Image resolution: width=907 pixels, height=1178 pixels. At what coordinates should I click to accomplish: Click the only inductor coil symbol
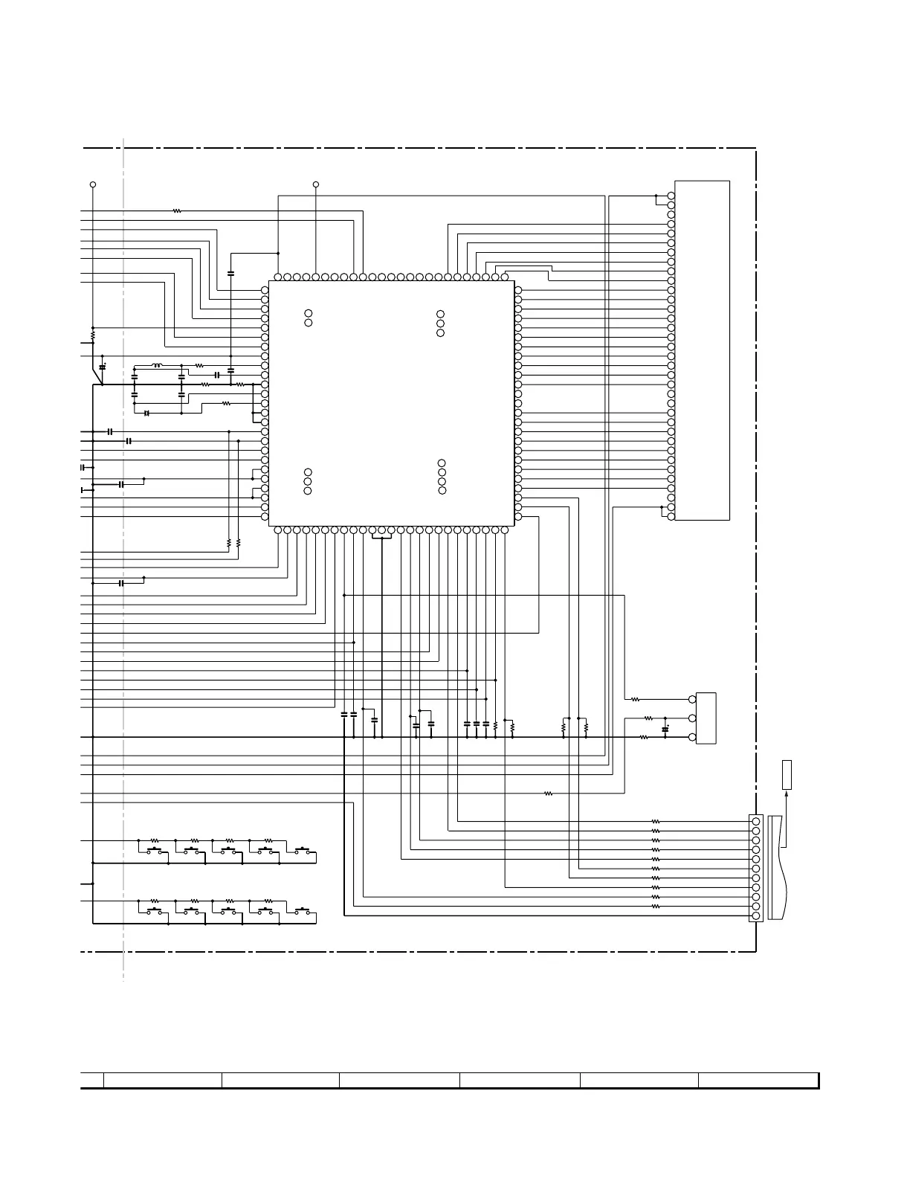coord(157,365)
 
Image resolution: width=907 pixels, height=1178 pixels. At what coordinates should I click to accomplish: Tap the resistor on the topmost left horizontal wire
coord(177,211)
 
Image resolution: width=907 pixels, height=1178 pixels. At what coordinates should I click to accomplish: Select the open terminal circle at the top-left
coord(93,184)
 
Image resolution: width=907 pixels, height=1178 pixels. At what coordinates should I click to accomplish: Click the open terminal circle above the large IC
coord(316,184)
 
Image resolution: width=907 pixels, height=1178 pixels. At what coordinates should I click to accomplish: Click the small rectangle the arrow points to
coord(787,774)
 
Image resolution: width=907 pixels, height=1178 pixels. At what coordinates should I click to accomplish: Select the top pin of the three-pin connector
coord(693,700)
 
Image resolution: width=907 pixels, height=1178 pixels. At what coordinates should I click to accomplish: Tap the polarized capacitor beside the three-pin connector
coord(665,728)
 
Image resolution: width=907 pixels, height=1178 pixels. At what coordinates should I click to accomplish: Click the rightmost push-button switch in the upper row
coord(303,851)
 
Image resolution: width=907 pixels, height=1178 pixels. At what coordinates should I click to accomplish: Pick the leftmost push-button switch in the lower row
coord(155,911)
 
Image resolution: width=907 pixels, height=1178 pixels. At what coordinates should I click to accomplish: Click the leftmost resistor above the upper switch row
coord(155,840)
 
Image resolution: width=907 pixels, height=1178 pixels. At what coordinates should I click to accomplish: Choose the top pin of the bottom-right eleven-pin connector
coord(756,821)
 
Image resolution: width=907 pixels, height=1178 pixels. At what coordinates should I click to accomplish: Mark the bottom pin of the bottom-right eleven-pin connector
coord(756,916)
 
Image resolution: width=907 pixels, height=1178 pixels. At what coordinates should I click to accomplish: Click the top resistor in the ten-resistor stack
coord(656,822)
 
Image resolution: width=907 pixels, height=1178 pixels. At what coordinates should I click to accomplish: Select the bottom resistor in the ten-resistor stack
coord(656,907)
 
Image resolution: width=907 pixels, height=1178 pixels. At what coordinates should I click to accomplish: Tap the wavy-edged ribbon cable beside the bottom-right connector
coord(775,867)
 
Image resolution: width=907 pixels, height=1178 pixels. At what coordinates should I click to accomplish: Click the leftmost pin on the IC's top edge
coord(278,277)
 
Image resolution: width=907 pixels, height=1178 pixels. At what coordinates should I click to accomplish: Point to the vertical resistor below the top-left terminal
coord(93,336)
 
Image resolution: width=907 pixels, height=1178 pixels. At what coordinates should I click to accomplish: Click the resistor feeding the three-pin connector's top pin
coord(636,700)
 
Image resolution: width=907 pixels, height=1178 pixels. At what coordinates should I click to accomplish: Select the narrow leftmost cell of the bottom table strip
coord(91,1080)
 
